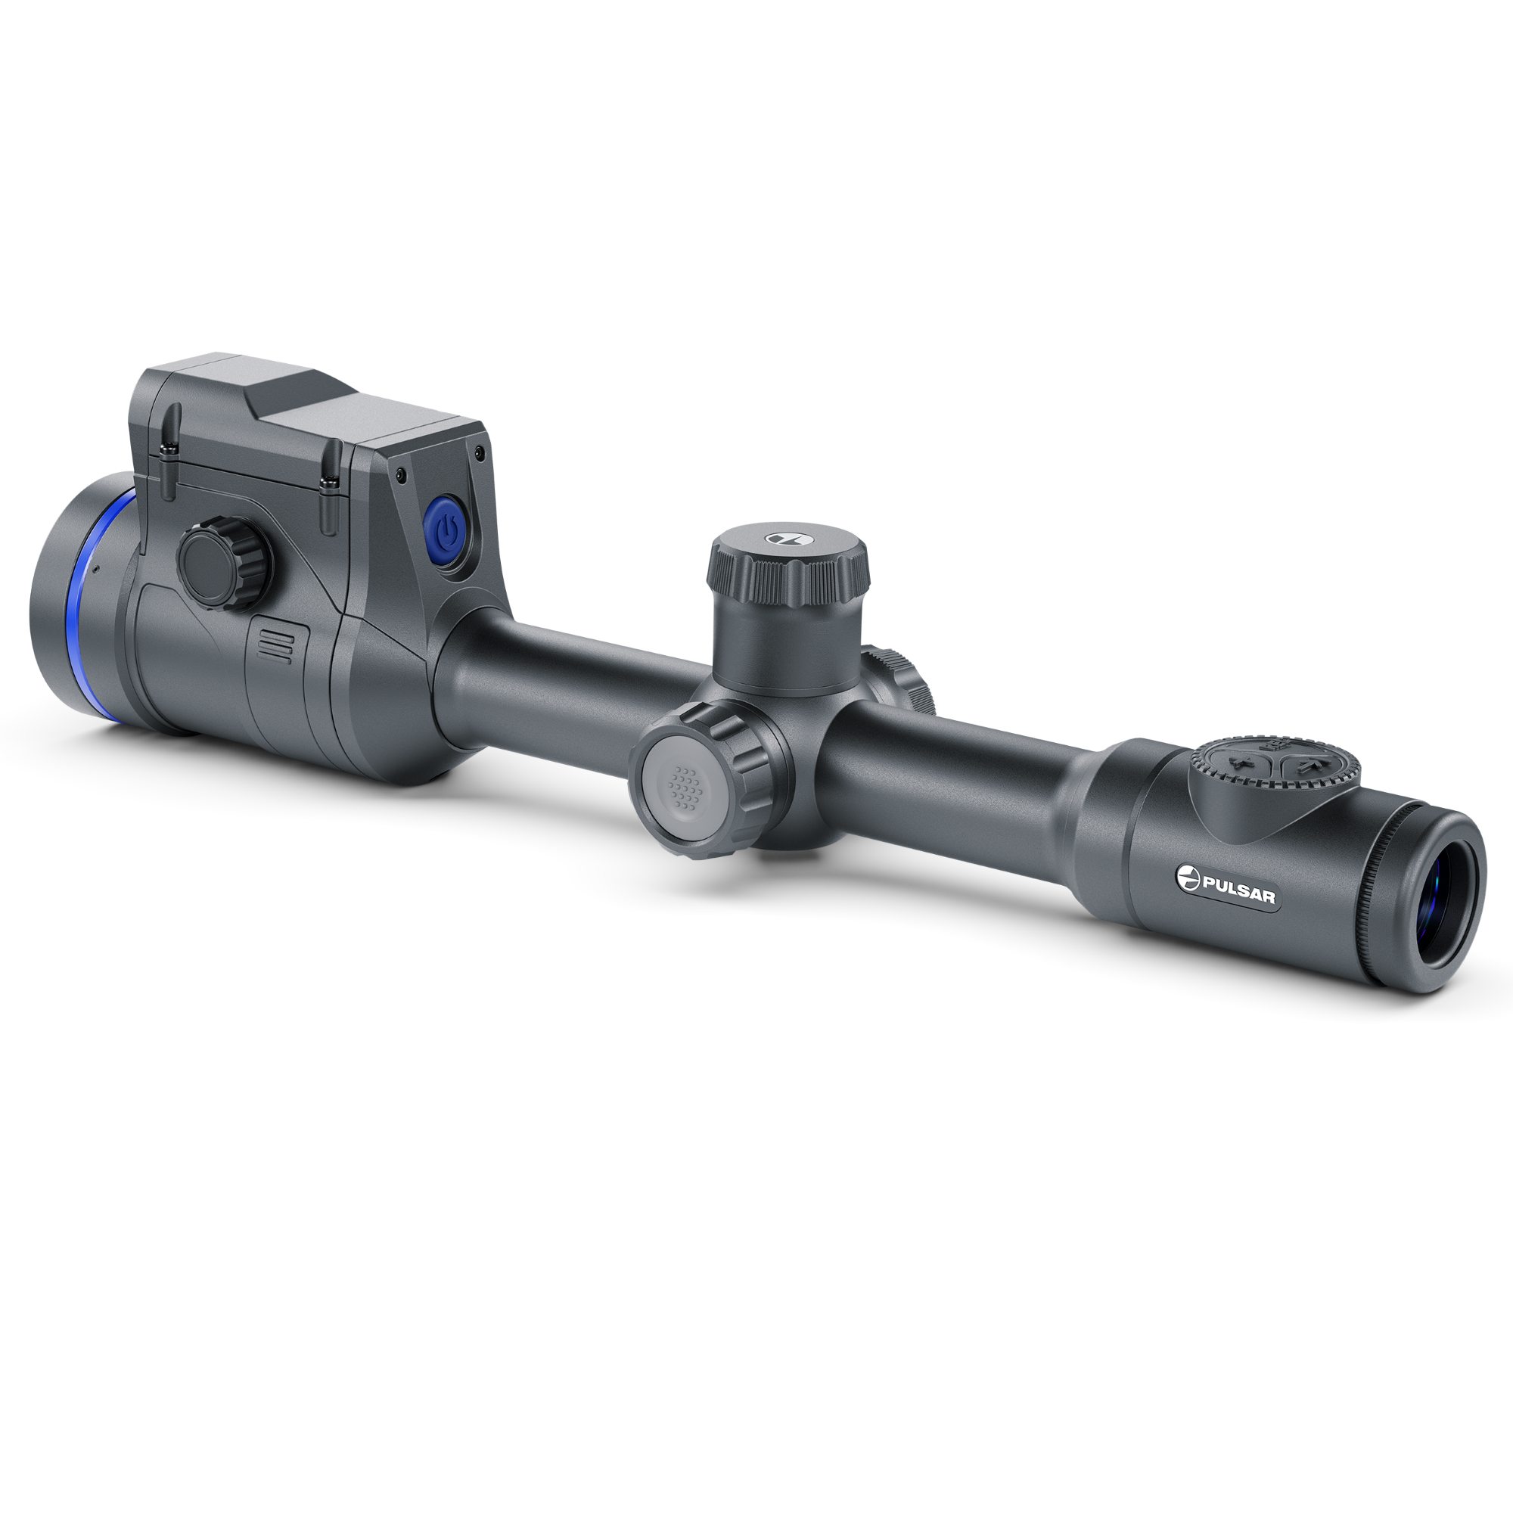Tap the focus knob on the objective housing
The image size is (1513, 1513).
(223, 561)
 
